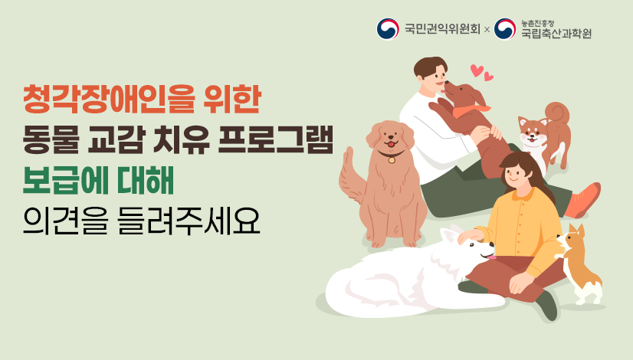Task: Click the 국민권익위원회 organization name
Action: [442, 30]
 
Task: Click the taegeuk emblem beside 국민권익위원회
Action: [388, 30]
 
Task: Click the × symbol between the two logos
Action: [487, 31]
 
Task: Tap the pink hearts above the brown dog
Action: [481, 73]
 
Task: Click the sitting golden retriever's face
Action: [391, 138]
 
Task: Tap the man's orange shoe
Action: [585, 201]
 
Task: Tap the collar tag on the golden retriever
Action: [392, 161]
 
